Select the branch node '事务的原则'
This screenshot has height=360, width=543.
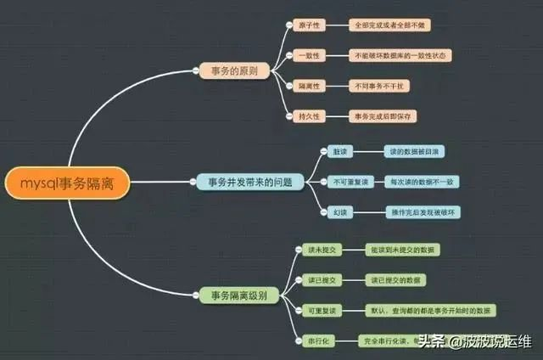pyautogui.click(x=234, y=70)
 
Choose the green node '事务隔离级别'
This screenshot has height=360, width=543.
pyautogui.click(x=238, y=295)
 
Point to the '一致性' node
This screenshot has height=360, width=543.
pyautogui.click(x=307, y=55)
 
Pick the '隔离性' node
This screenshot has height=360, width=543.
pyautogui.click(x=307, y=86)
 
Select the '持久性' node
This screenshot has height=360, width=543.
pyautogui.click(x=307, y=115)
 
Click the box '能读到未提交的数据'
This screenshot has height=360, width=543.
pyautogui.click(x=404, y=250)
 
